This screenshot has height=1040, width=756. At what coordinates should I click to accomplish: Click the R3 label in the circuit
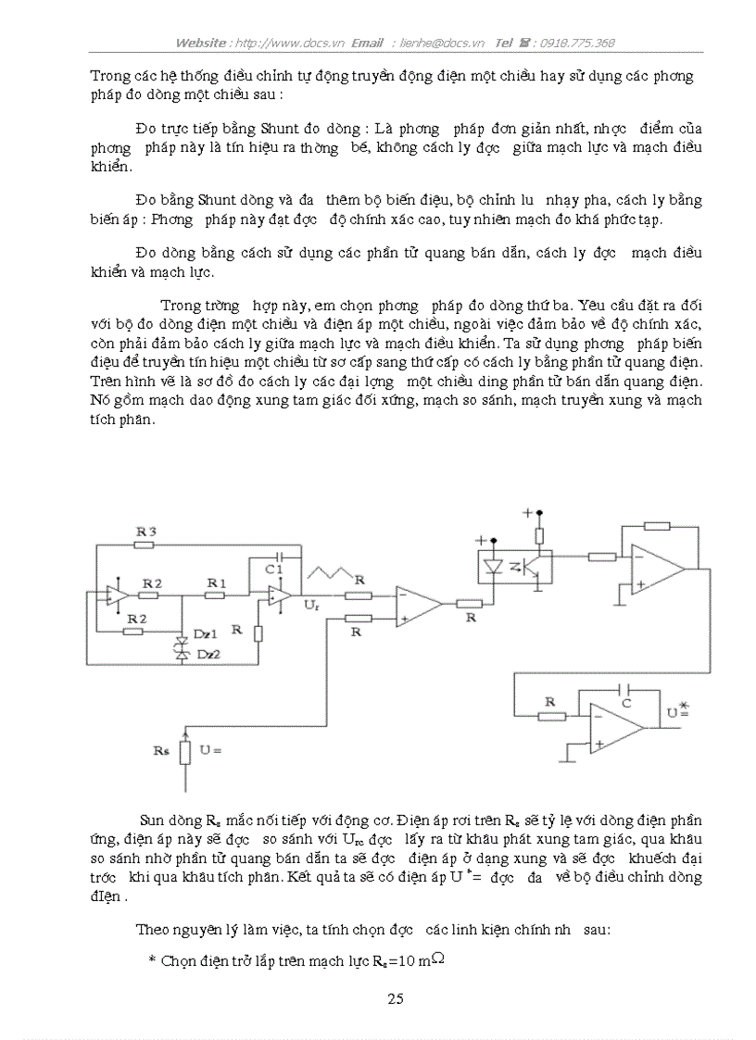pyautogui.click(x=146, y=531)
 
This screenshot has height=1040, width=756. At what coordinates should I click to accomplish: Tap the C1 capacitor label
pyautogui.click(x=272, y=569)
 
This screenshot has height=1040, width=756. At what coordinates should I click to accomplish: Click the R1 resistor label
pyautogui.click(x=216, y=582)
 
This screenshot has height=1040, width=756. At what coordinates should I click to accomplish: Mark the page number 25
pyautogui.click(x=395, y=998)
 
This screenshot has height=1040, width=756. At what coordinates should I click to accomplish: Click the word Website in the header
pyautogui.click(x=201, y=43)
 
